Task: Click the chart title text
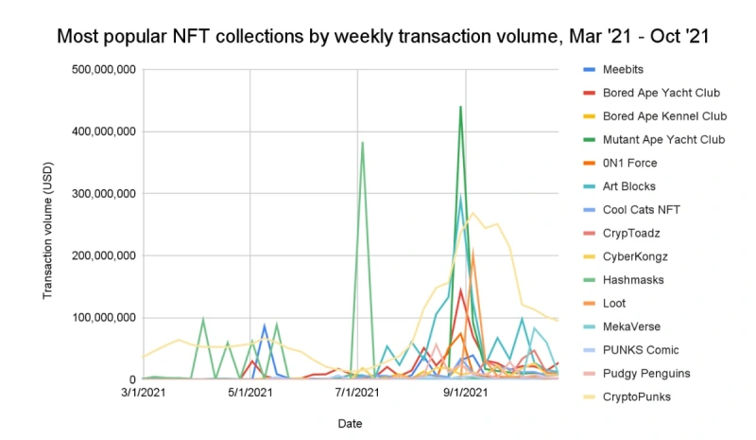pos(378,37)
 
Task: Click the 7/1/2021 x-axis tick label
pos(357,392)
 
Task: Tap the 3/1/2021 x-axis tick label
pos(142,392)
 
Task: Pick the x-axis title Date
pos(350,424)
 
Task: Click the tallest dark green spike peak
pos(461,107)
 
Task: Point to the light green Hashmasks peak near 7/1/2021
pos(362,143)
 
